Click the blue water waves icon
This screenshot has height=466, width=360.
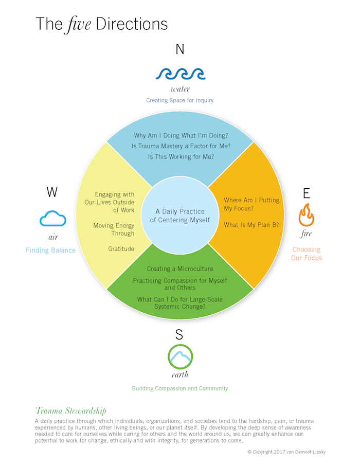point(181,74)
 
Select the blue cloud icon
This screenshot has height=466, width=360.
point(53,219)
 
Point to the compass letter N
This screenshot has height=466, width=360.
point(180,49)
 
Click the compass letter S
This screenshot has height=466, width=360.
point(179,335)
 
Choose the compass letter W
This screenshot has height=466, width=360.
point(52,192)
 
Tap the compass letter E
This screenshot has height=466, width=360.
point(307,193)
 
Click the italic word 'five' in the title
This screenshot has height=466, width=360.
point(79,24)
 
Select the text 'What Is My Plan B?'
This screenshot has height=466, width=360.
point(251,225)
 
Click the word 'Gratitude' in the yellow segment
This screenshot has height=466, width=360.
point(121,249)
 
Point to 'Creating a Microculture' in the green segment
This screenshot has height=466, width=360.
point(180,268)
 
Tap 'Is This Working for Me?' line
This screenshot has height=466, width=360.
point(181,157)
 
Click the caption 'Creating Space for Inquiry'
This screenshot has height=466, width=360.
point(179,100)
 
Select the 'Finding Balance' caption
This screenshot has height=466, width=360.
point(50,250)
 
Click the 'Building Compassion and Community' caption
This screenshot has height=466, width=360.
point(180,388)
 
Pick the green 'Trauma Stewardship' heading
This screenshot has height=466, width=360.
point(71,411)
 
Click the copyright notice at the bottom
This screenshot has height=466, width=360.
point(286,452)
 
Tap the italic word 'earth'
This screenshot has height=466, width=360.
point(180,374)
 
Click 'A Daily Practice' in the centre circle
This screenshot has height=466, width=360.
point(180,211)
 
